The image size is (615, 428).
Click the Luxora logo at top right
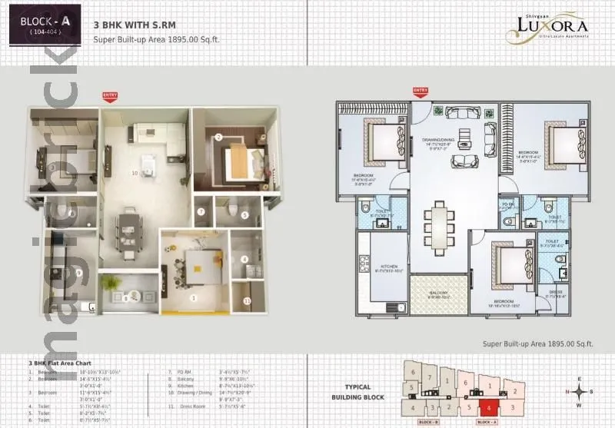point(547,28)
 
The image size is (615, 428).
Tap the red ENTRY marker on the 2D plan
point(420,91)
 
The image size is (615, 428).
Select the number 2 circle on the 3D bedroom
point(218,138)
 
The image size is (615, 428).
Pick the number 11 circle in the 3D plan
point(247,300)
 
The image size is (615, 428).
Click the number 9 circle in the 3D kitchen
point(78,272)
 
